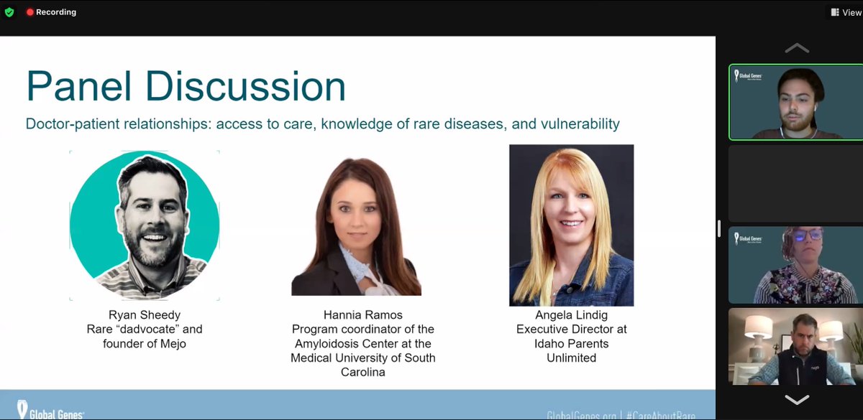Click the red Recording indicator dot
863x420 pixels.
(30, 12)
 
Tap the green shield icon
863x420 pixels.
(9, 12)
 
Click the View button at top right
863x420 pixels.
(846, 12)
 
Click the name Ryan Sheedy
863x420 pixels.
(144, 315)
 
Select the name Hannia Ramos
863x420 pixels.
(362, 315)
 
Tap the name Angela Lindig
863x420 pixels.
(571, 315)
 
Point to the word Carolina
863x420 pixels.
(362, 372)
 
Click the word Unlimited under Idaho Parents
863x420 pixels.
(571, 358)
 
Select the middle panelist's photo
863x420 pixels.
(356, 226)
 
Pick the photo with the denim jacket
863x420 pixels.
(571, 225)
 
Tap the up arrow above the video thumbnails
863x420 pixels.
(796, 49)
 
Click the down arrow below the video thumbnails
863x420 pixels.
(796, 399)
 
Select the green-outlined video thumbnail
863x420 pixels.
(796, 103)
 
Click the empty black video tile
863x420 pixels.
(796, 184)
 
